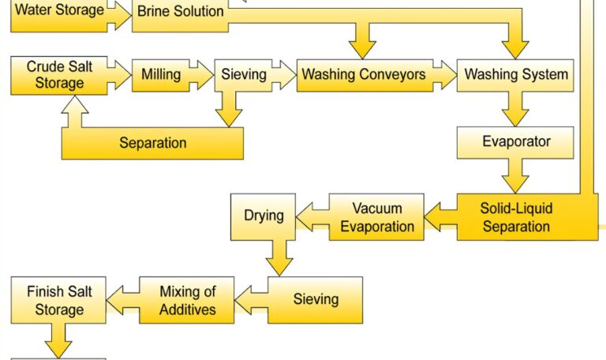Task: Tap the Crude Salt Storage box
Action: (x=59, y=75)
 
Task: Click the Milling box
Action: (x=161, y=75)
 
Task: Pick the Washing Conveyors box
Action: (x=364, y=75)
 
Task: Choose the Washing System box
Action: (x=515, y=75)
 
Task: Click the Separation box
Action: (x=152, y=143)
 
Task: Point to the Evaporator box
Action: (x=515, y=143)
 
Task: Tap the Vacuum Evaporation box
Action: (x=376, y=217)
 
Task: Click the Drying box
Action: (x=263, y=216)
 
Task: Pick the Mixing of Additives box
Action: (x=187, y=300)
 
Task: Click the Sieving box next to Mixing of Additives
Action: (x=316, y=299)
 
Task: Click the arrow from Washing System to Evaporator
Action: (x=516, y=108)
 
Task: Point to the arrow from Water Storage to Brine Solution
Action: (x=118, y=14)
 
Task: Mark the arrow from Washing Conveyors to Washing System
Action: (x=445, y=76)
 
